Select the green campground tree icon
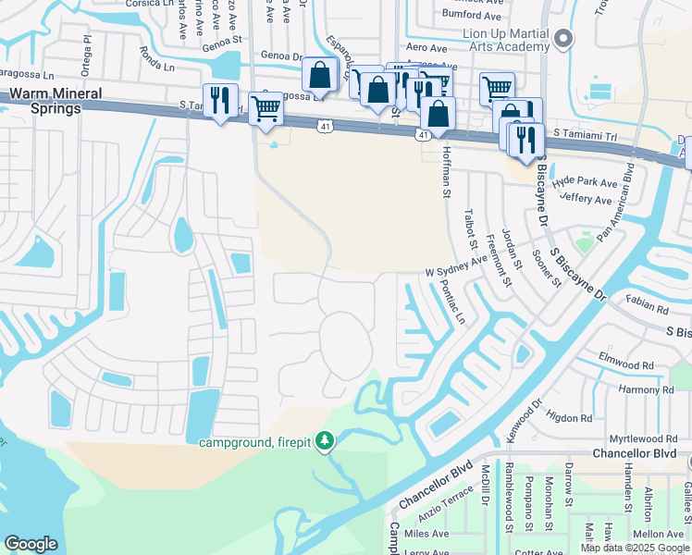point(324,441)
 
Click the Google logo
point(31,544)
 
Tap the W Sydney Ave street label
point(455,266)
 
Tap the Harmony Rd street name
point(647,389)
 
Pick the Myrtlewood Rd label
point(643,438)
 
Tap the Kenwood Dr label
point(525,421)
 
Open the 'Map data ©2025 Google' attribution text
point(636,548)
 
